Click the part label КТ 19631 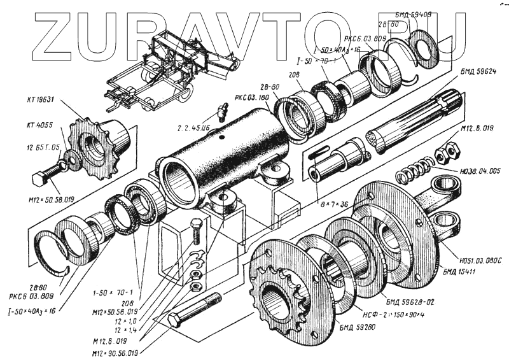pos(40,99)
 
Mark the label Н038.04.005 pos(479,171)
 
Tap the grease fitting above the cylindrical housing pos(222,112)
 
